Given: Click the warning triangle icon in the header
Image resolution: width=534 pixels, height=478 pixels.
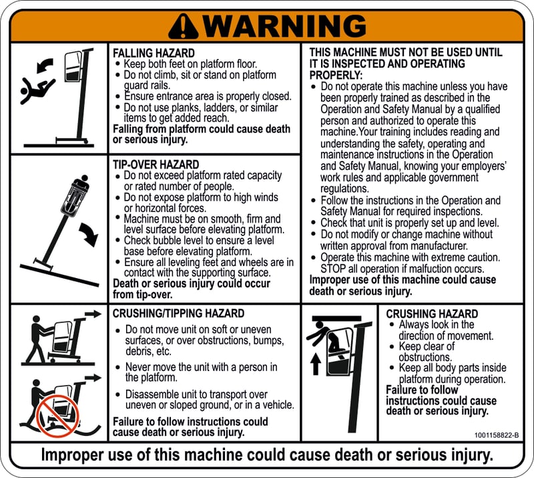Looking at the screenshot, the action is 183,26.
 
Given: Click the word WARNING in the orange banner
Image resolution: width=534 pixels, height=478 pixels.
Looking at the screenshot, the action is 286,26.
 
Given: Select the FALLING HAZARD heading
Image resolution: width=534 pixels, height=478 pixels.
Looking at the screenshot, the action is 154,53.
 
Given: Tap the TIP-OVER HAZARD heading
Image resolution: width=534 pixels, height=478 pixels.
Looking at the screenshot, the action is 156,164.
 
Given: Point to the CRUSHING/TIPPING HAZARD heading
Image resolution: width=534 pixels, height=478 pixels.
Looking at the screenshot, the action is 178,314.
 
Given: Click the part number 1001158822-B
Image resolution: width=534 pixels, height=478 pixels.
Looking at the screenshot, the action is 497,435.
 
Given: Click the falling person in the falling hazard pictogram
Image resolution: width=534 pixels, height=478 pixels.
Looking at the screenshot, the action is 37,90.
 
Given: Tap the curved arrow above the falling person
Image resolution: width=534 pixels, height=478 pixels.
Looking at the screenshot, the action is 45,65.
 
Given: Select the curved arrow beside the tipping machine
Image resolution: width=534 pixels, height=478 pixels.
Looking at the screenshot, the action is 89,234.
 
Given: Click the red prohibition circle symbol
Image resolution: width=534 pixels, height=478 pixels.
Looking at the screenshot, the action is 57,416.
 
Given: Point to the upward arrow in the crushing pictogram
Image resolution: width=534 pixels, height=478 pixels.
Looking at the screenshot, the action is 316,364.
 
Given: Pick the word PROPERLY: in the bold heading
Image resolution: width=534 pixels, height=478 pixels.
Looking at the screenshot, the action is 336,75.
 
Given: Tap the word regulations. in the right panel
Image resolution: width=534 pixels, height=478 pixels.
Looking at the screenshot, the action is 344,189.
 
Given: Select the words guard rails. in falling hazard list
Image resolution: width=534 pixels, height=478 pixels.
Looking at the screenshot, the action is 147,86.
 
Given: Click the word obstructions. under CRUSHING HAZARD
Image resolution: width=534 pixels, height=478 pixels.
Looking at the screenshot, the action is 425,357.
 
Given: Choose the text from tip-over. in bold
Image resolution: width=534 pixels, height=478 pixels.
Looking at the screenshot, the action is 142,294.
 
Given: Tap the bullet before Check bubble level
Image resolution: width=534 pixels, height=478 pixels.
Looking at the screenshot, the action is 117,240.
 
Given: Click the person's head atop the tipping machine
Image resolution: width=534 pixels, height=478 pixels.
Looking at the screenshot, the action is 85,178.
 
